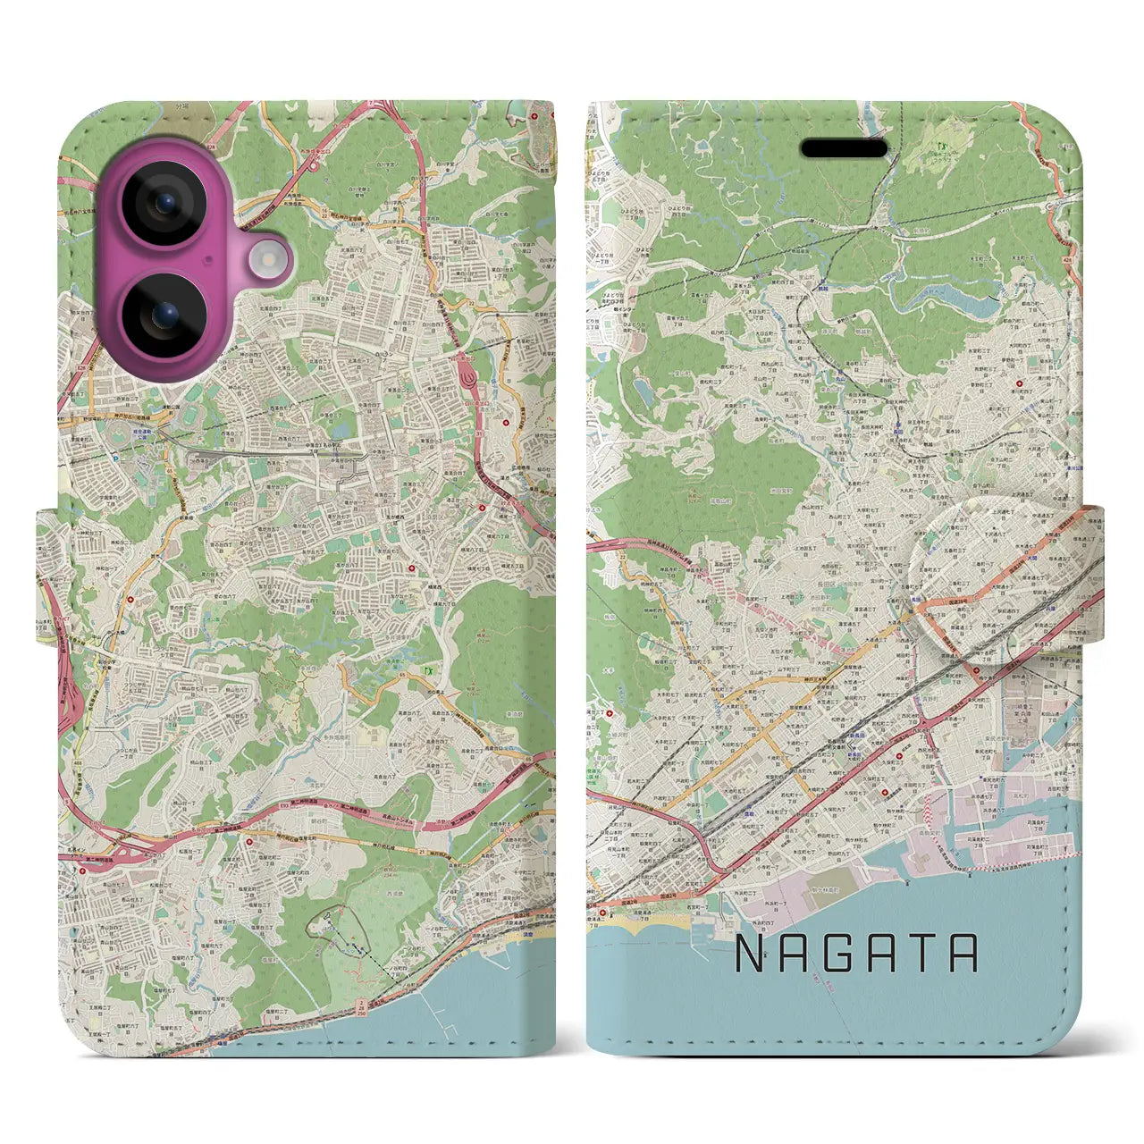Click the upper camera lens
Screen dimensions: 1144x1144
(x=166, y=203)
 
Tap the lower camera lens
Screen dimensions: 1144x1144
(x=166, y=315)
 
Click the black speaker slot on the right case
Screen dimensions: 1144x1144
(x=844, y=148)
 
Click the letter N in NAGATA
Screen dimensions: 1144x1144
(x=750, y=954)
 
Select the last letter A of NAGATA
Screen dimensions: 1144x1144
(x=963, y=954)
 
